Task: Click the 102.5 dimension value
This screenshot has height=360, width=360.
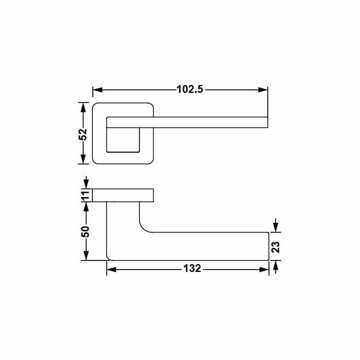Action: (x=190, y=89)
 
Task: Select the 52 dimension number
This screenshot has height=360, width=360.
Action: (x=83, y=134)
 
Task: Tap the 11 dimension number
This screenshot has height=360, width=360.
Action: (x=86, y=195)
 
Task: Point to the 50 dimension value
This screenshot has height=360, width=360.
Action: (x=85, y=231)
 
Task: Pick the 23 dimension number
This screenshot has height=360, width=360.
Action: (x=276, y=247)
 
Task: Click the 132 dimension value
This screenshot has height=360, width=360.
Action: (x=192, y=268)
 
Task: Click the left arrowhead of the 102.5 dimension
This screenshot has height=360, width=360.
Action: (x=98, y=89)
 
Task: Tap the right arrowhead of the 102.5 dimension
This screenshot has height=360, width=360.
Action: (x=263, y=89)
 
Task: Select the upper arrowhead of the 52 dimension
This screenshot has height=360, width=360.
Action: (x=83, y=107)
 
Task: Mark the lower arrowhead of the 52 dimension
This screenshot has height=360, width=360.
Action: (x=83, y=159)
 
